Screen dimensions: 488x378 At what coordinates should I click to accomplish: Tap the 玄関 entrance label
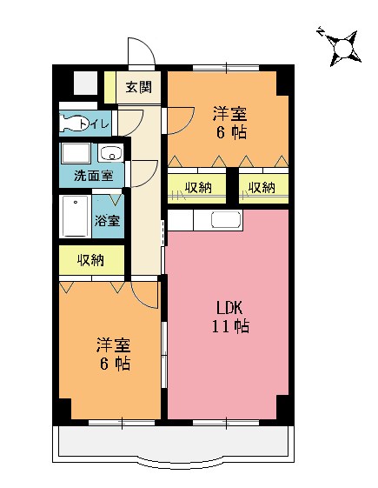[x=137, y=87]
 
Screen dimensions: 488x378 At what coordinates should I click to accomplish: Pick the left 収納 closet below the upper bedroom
[x=197, y=187]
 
